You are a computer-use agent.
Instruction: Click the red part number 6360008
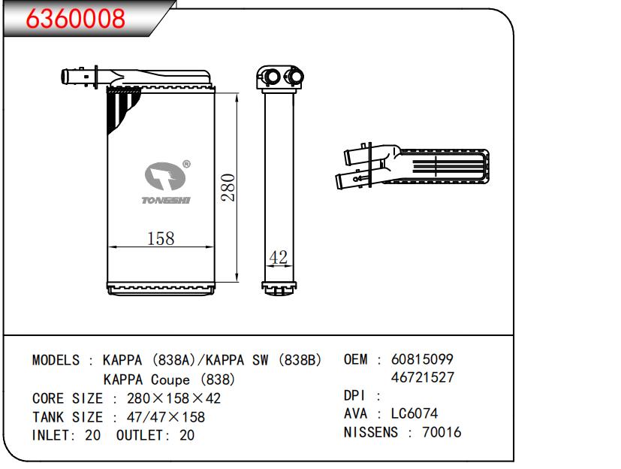(x=75, y=18)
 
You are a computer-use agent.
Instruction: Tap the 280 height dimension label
(x=228, y=187)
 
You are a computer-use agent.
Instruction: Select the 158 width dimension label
(x=161, y=238)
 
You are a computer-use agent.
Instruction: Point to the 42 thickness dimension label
(x=278, y=257)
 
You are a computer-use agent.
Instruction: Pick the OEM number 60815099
(x=422, y=359)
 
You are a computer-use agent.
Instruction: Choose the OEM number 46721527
(x=422, y=377)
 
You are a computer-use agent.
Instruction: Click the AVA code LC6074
(x=415, y=413)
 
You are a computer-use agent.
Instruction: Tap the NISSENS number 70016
(x=442, y=431)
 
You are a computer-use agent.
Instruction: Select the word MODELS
(x=56, y=360)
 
